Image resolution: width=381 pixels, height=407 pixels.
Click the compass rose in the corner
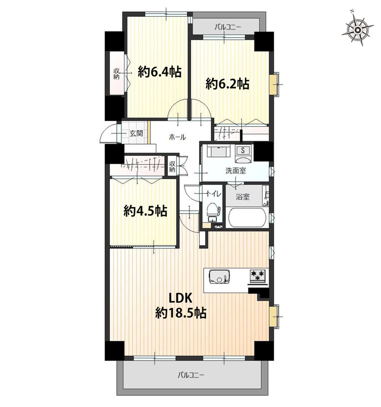pyautogui.click(x=357, y=30)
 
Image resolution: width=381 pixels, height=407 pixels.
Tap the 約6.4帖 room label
pyautogui.click(x=160, y=71)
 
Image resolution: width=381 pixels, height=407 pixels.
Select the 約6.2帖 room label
pyautogui.click(x=228, y=84)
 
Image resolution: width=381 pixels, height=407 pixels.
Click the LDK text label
pyautogui.click(x=180, y=298)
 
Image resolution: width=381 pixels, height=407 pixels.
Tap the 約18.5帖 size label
pyautogui.click(x=181, y=313)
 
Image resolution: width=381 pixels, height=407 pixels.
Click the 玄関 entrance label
pyautogui.click(x=136, y=133)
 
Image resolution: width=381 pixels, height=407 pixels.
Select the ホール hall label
pyautogui.click(x=177, y=137)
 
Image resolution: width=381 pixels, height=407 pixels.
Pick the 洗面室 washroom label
pyautogui.click(x=236, y=171)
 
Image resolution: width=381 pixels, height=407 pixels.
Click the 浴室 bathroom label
pyautogui.click(x=243, y=196)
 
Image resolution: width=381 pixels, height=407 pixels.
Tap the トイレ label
pyautogui.click(x=213, y=194)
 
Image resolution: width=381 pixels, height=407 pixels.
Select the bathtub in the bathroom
pyautogui.click(x=247, y=218)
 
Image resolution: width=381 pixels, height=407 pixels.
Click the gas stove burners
pyautogui.click(x=258, y=275)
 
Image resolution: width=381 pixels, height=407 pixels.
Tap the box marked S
pyautogui.click(x=243, y=150)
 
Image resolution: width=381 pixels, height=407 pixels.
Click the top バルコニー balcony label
pyautogui.click(x=228, y=27)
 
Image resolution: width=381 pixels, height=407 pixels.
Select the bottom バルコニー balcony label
pyautogui.click(x=191, y=375)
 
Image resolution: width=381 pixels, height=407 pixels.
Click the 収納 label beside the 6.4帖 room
pyautogui.click(x=116, y=73)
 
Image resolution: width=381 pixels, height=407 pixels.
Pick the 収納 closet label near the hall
pyautogui.click(x=172, y=167)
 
